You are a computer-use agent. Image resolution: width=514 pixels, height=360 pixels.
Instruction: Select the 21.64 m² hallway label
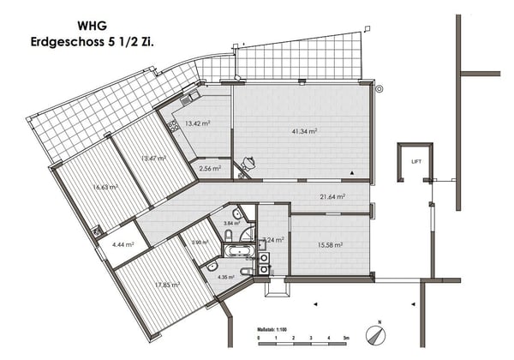click(x=331, y=196)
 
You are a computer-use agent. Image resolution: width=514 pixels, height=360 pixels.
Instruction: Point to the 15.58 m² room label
click(x=329, y=244)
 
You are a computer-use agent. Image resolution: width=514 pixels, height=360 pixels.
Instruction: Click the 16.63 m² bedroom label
click(x=105, y=186)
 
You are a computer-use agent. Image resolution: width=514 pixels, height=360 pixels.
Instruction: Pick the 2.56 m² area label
click(x=210, y=169)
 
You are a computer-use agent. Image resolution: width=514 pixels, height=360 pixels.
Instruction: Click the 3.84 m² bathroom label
click(x=231, y=223)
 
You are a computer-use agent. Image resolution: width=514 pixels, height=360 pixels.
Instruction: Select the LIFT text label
click(x=416, y=161)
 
